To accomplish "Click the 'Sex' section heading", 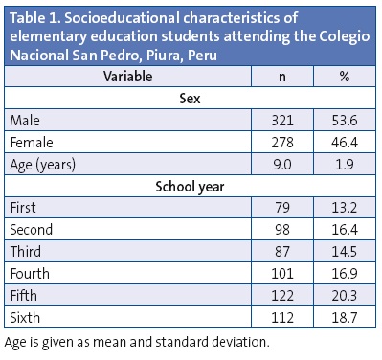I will pyautogui.click(x=190, y=98).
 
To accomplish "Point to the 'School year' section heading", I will pyautogui.click(x=190, y=187).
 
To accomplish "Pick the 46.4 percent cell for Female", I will pyautogui.click(x=343, y=142).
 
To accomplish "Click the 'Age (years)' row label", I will pyautogui.click(x=44, y=164).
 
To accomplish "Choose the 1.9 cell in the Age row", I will pyautogui.click(x=343, y=164).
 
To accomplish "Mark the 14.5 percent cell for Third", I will pyautogui.click(x=343, y=252).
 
